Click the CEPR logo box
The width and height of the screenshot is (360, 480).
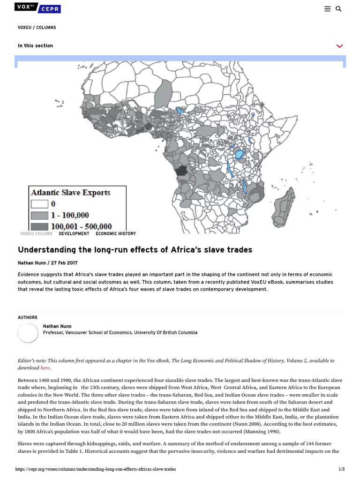(50, 9)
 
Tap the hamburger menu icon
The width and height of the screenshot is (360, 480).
(327, 9)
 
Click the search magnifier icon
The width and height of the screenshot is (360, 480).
(338, 9)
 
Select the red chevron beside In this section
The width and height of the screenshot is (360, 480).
(339, 46)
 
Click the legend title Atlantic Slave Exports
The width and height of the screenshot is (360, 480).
(71, 193)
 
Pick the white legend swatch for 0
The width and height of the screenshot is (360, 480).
(40, 204)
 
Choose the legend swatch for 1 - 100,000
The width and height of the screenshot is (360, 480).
(40, 215)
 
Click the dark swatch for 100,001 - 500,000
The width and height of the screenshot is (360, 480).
(40, 227)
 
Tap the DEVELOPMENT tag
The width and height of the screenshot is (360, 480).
(74, 233)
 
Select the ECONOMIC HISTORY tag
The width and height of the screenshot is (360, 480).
(116, 233)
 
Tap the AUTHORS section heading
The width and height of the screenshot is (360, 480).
(28, 318)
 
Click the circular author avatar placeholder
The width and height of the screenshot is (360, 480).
(28, 333)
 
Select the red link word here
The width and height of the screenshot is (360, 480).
(45, 368)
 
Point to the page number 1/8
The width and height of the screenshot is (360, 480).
(341, 469)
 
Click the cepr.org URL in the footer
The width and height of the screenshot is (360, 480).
(96, 469)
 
